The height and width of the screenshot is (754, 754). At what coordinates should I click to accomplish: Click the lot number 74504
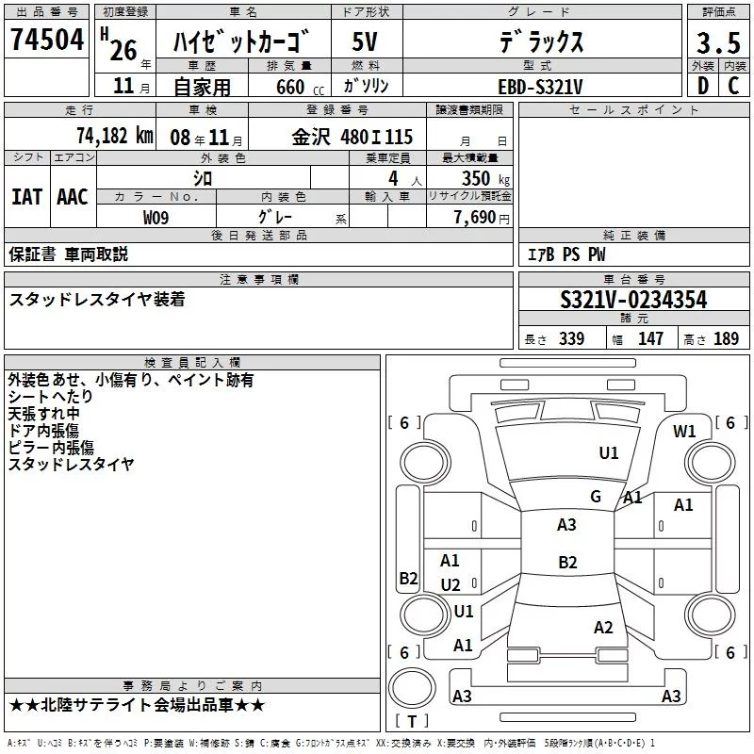pyautogui.click(x=46, y=41)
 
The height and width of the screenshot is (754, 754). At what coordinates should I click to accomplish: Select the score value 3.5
pyautogui.click(x=716, y=43)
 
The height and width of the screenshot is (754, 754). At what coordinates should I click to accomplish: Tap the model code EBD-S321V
pyautogui.click(x=540, y=87)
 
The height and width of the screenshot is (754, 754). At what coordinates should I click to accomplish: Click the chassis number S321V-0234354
pyautogui.click(x=633, y=301)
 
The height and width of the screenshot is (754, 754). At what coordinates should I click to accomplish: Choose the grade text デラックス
pyautogui.click(x=540, y=43)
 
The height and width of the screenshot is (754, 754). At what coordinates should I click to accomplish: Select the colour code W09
pyautogui.click(x=156, y=217)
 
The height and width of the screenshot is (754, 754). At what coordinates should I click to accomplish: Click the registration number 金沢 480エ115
pyautogui.click(x=352, y=137)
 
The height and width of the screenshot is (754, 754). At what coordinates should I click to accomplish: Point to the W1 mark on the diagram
pyautogui.click(x=684, y=432)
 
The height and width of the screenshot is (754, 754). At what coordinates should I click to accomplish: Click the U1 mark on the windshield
pyautogui.click(x=609, y=453)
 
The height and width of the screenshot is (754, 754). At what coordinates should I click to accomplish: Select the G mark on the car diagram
pyautogui.click(x=595, y=496)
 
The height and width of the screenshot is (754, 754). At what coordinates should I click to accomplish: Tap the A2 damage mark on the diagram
pyautogui.click(x=603, y=628)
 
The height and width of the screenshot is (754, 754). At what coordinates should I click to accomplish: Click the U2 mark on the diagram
pyautogui.click(x=451, y=585)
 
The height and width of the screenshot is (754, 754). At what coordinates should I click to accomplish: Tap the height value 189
pyautogui.click(x=727, y=339)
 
